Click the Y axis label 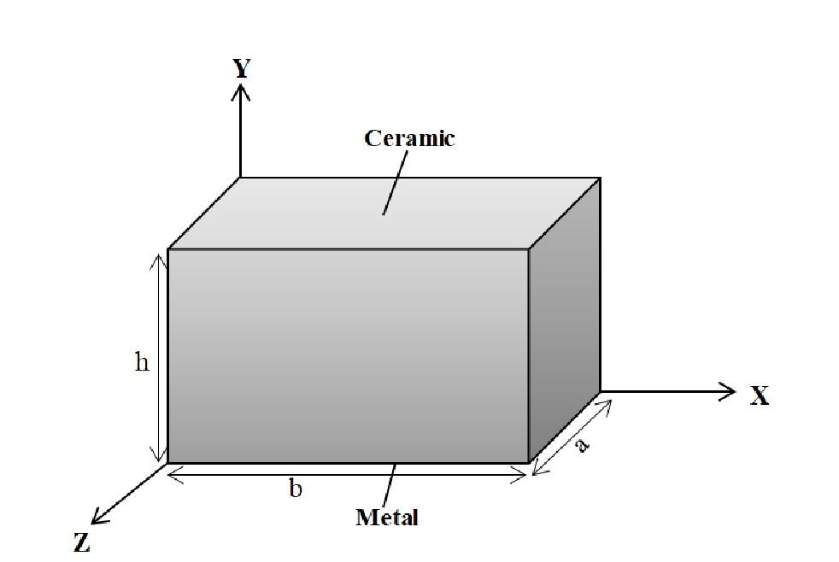tap(242, 68)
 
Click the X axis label tap(760, 395)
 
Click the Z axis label tap(82, 542)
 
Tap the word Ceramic tap(409, 138)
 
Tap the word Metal tap(387, 517)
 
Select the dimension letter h tap(142, 362)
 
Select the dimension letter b tap(296, 489)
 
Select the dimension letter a tap(582, 444)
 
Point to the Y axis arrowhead tap(240, 92)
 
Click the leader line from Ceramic tap(395, 182)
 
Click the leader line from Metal tap(390, 484)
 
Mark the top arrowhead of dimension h tap(158, 262)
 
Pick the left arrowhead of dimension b tap(175, 474)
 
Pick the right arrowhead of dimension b tap(519, 474)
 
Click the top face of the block tap(384, 214)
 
